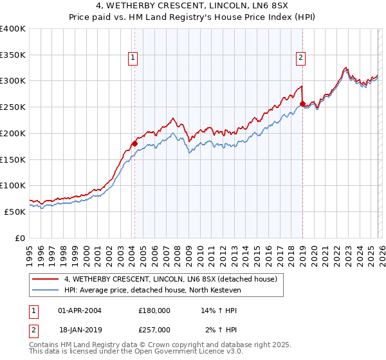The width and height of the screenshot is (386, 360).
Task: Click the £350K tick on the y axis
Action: [x=13, y=55]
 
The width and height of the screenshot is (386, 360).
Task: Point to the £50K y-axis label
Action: [x=15, y=212]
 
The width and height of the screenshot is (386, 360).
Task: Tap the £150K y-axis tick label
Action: [x=13, y=159]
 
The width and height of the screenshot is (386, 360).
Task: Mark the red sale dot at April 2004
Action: [x=134, y=143]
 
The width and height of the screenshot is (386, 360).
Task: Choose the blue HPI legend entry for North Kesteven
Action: [x=152, y=290]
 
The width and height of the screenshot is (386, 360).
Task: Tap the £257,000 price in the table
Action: [x=154, y=329]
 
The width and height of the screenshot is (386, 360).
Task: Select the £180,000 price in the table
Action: [x=154, y=310]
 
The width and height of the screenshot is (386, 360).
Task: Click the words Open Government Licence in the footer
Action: [x=185, y=352]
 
